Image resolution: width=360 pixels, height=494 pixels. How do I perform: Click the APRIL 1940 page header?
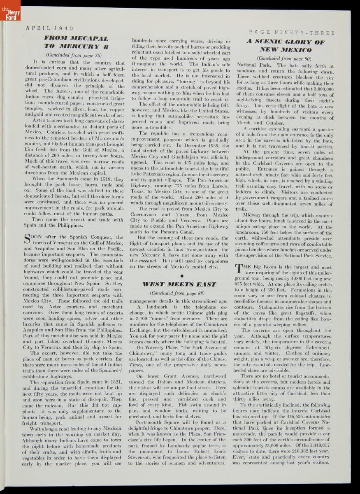(x=49, y=28)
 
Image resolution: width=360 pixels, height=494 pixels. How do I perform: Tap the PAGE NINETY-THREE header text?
(x=292, y=33)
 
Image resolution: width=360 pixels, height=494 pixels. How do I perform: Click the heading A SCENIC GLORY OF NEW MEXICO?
(x=285, y=46)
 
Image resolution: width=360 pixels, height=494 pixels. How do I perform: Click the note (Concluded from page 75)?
(x=74, y=54)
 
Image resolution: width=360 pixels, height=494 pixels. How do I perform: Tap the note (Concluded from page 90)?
(x=284, y=58)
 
